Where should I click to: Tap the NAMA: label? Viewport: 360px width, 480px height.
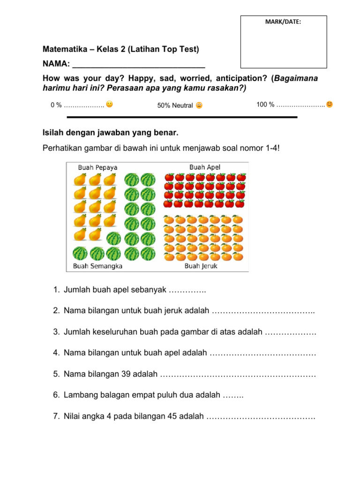(56, 64)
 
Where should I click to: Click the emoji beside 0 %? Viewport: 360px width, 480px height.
(109, 104)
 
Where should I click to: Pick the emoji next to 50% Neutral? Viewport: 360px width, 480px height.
(199, 105)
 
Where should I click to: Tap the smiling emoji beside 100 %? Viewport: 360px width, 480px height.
(330, 104)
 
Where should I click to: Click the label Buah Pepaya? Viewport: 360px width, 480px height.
(97, 167)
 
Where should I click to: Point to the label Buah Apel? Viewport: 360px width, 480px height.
(205, 167)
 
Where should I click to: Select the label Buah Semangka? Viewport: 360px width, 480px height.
(97, 266)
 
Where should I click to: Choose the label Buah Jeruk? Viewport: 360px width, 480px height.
(201, 266)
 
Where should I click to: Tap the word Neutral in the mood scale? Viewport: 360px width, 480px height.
(182, 105)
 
